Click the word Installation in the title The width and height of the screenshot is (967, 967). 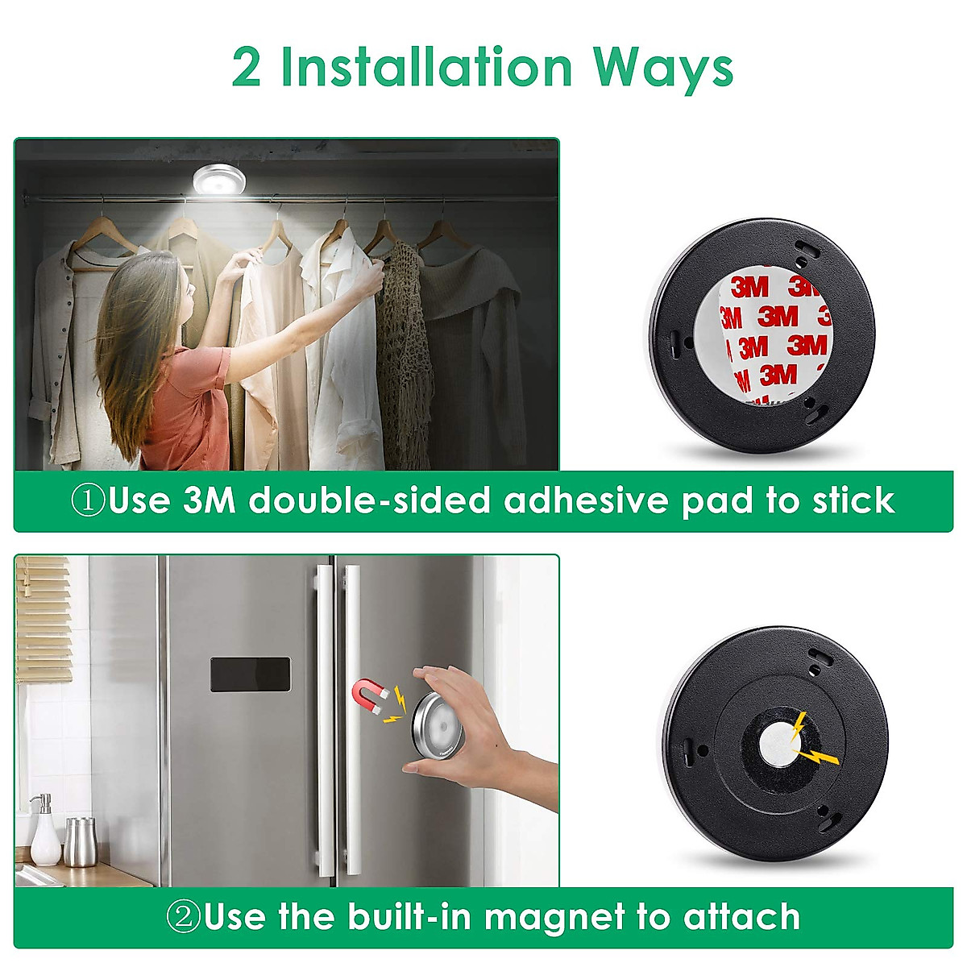click(x=425, y=68)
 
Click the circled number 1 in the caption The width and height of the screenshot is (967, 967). click(x=88, y=501)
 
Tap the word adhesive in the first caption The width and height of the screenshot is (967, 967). click(x=587, y=500)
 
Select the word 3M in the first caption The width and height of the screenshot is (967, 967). click(x=210, y=500)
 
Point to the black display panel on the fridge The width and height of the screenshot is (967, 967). click(x=250, y=674)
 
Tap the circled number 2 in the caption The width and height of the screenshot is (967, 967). click(x=183, y=917)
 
